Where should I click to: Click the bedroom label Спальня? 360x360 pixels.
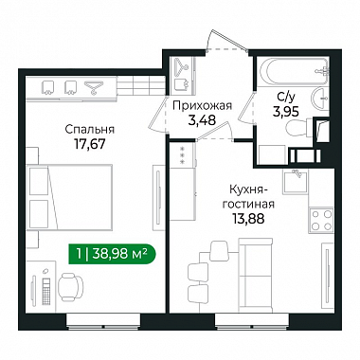click(x=90, y=129)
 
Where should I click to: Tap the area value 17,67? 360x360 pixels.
click(x=90, y=144)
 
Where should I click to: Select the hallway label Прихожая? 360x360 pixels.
click(x=202, y=105)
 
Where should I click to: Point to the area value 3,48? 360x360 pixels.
click(x=202, y=120)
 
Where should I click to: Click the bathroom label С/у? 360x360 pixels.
click(x=286, y=98)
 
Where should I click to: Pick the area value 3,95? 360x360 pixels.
click(x=286, y=112)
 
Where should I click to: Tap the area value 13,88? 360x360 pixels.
click(x=248, y=219)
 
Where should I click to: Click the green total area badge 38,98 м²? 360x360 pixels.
click(x=112, y=254)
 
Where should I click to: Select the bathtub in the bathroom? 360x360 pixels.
click(x=294, y=72)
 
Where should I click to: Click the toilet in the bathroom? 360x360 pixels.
click(x=298, y=129)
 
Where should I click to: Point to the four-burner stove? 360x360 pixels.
click(x=321, y=220)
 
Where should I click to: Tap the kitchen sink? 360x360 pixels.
click(x=295, y=182)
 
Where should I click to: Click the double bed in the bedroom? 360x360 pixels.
click(x=69, y=197)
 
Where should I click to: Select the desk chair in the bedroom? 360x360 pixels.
click(x=71, y=287)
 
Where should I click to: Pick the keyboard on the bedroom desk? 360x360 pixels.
click(x=46, y=292)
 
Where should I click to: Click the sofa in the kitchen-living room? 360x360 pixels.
click(x=256, y=275)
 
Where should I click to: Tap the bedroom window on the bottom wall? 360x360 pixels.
click(x=103, y=322)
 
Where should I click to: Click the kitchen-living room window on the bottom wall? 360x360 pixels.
click(x=252, y=322)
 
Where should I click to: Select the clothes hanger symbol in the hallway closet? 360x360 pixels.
click(x=182, y=66)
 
